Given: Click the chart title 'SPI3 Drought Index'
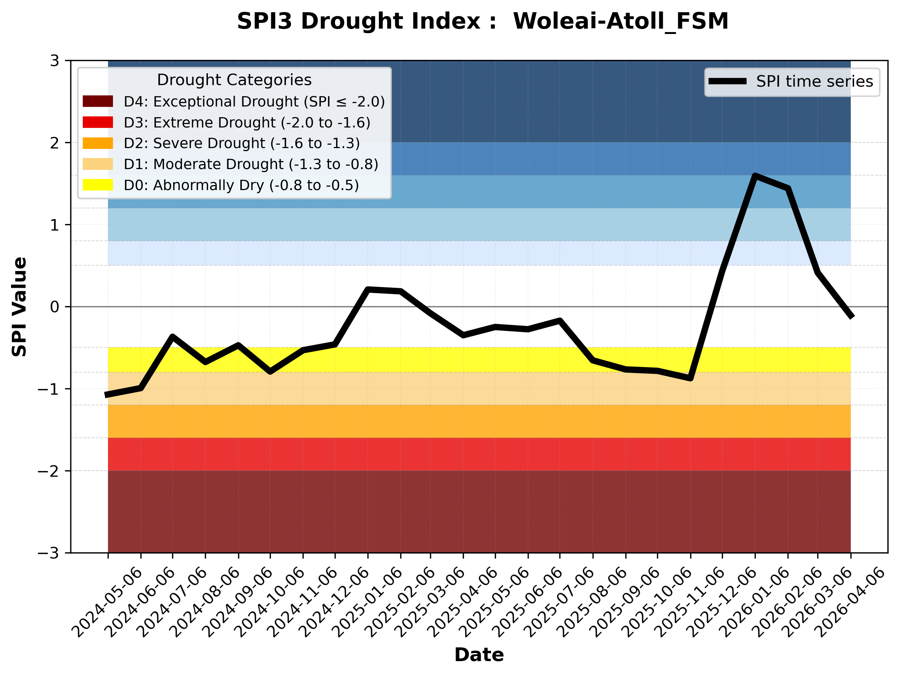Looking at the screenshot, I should coord(483,21).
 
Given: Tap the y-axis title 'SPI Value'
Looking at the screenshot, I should coord(19,307).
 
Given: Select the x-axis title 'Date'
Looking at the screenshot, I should coord(479,655).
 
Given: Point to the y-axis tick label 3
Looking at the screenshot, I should coord(55,61).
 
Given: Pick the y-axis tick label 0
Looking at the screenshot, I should coord(55,307).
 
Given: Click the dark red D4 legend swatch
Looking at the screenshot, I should coord(98,101).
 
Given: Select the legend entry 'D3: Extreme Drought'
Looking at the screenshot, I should coord(247,123).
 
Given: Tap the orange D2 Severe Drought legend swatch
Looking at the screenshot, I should coord(98,143).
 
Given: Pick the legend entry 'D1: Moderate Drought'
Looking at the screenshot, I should coord(251,165).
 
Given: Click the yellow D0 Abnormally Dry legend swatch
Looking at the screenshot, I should coord(98,185).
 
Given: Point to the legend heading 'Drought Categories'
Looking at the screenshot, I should coord(234,80).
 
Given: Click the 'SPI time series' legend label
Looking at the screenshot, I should coord(815,81).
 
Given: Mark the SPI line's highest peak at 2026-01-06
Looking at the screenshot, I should coord(755,176).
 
